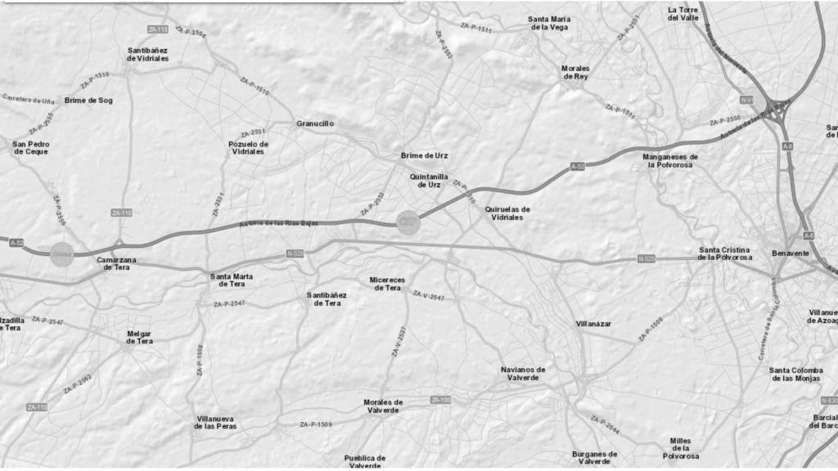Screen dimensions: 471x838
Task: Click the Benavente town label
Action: (790, 253)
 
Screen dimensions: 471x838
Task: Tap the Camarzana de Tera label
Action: (116, 264)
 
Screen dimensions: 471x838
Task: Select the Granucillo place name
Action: (315, 123)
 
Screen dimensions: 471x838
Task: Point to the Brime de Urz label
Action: (424, 155)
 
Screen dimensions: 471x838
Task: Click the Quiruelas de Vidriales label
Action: (507, 213)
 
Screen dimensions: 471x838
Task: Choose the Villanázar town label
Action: (593, 324)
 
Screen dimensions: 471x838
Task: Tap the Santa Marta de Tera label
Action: (232, 280)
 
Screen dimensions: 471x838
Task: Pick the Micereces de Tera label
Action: (386, 284)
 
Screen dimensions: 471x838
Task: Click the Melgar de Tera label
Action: (139, 337)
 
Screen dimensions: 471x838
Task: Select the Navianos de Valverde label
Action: (523, 373)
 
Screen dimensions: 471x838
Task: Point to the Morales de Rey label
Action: (575, 72)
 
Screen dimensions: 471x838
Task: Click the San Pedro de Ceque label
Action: (30, 147)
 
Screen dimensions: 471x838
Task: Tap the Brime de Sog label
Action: (88, 101)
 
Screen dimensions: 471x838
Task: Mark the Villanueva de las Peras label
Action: (216, 423)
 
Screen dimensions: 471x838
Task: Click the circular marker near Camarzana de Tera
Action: (62, 253)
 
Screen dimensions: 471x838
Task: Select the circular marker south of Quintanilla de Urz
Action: (408, 221)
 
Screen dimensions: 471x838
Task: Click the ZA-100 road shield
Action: (440, 400)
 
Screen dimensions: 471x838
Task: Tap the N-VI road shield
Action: (746, 100)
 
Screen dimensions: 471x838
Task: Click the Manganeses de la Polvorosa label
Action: (670, 160)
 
